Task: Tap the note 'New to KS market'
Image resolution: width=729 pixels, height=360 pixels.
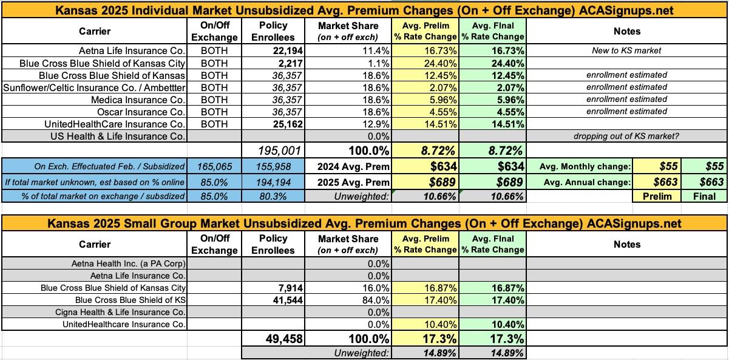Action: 626,50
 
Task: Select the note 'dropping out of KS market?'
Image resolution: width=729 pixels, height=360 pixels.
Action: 626,136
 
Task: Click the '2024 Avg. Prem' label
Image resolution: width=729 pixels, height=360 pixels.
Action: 353,166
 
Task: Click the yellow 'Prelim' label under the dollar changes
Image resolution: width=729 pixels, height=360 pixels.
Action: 656,196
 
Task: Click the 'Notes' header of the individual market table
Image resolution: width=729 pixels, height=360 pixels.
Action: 626,32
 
